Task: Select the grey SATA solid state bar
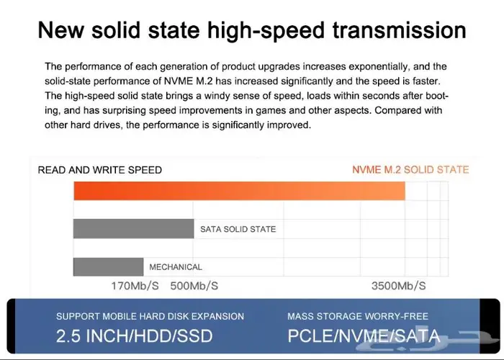(x=133, y=228)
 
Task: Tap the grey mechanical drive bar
(x=108, y=266)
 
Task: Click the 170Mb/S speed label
(x=135, y=286)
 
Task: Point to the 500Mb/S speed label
(x=194, y=286)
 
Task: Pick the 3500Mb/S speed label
(x=398, y=286)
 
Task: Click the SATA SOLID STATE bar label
(x=238, y=229)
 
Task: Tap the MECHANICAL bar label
(x=176, y=267)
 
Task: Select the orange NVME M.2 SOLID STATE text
(x=410, y=170)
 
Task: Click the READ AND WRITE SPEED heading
(x=99, y=170)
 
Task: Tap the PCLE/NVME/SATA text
(x=363, y=336)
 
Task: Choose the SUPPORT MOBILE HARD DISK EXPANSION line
(x=150, y=316)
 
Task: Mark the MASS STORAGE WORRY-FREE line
(x=357, y=316)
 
